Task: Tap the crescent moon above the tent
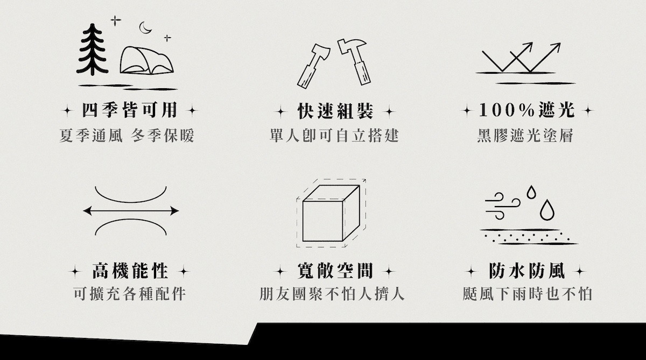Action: pos(144,28)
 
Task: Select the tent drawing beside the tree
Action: pos(147,60)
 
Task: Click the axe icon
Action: pos(313,66)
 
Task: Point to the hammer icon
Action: pos(355,61)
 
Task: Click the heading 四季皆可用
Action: pos(130,110)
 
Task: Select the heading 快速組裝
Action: pos(335,111)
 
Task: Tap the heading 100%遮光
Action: pos(526,110)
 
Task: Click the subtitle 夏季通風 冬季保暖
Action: pos(127,136)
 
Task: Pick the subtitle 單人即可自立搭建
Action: pos(334,136)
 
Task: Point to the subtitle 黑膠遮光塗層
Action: pos(525,136)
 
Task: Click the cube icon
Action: pos(331,213)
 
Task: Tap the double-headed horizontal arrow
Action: pos(131,211)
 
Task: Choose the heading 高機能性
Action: pos(130,271)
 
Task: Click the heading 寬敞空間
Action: pos(335,271)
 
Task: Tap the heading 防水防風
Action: pos(527,271)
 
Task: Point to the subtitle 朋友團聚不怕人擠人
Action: pos(332,294)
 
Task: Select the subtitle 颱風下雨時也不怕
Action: pos(528,294)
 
